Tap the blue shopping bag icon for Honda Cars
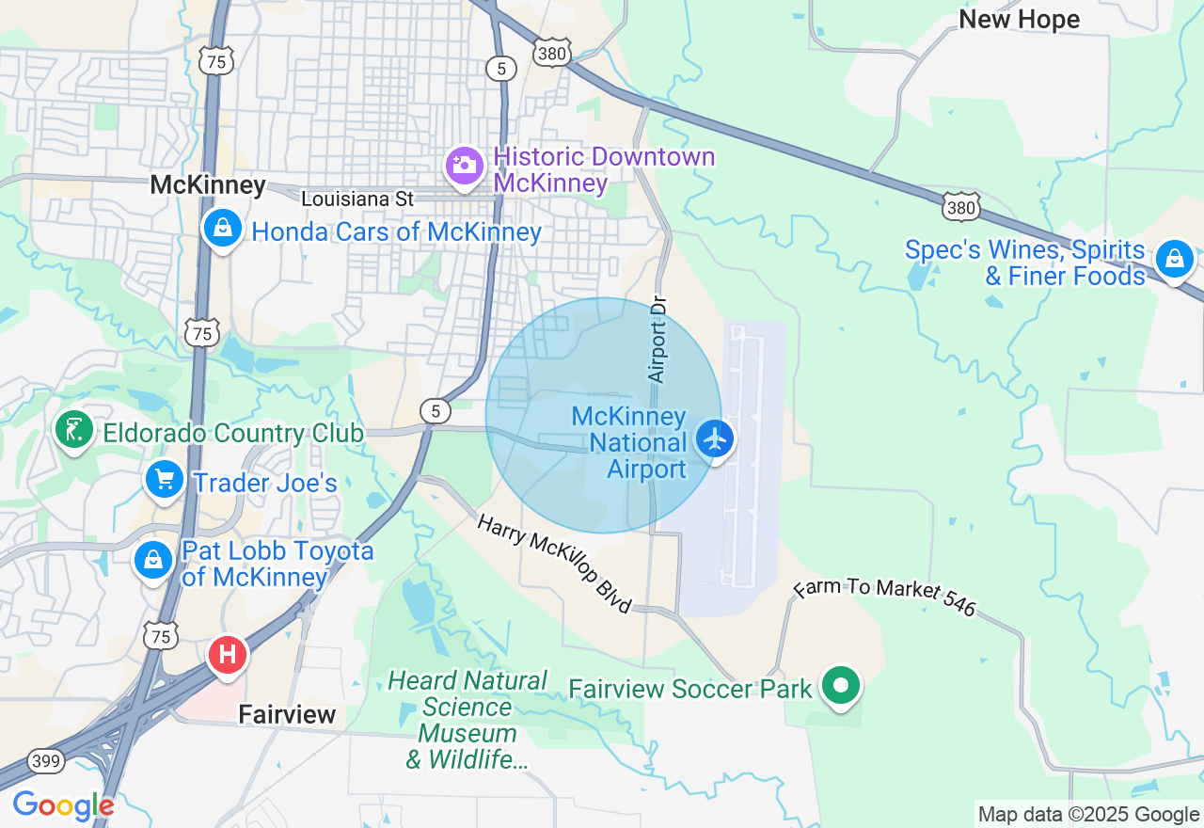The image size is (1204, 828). (x=223, y=229)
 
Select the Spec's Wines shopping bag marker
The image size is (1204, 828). (x=1174, y=259)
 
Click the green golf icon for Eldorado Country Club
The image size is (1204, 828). (x=74, y=430)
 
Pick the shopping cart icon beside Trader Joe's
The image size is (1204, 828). (x=165, y=481)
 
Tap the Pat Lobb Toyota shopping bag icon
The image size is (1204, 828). (x=153, y=560)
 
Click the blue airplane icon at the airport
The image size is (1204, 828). (x=716, y=438)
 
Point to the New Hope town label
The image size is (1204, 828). (x=1019, y=19)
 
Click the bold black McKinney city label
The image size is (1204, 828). (x=208, y=185)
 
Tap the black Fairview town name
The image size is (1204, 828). (x=287, y=714)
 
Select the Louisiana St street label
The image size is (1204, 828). (x=357, y=199)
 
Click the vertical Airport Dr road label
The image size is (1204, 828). (x=658, y=341)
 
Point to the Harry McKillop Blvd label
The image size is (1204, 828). (x=554, y=564)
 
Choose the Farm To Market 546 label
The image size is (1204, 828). (x=885, y=597)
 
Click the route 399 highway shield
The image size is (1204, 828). (x=45, y=760)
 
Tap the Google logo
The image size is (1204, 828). (x=62, y=806)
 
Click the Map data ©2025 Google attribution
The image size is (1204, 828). (x=1088, y=815)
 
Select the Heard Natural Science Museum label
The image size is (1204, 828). (x=467, y=720)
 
